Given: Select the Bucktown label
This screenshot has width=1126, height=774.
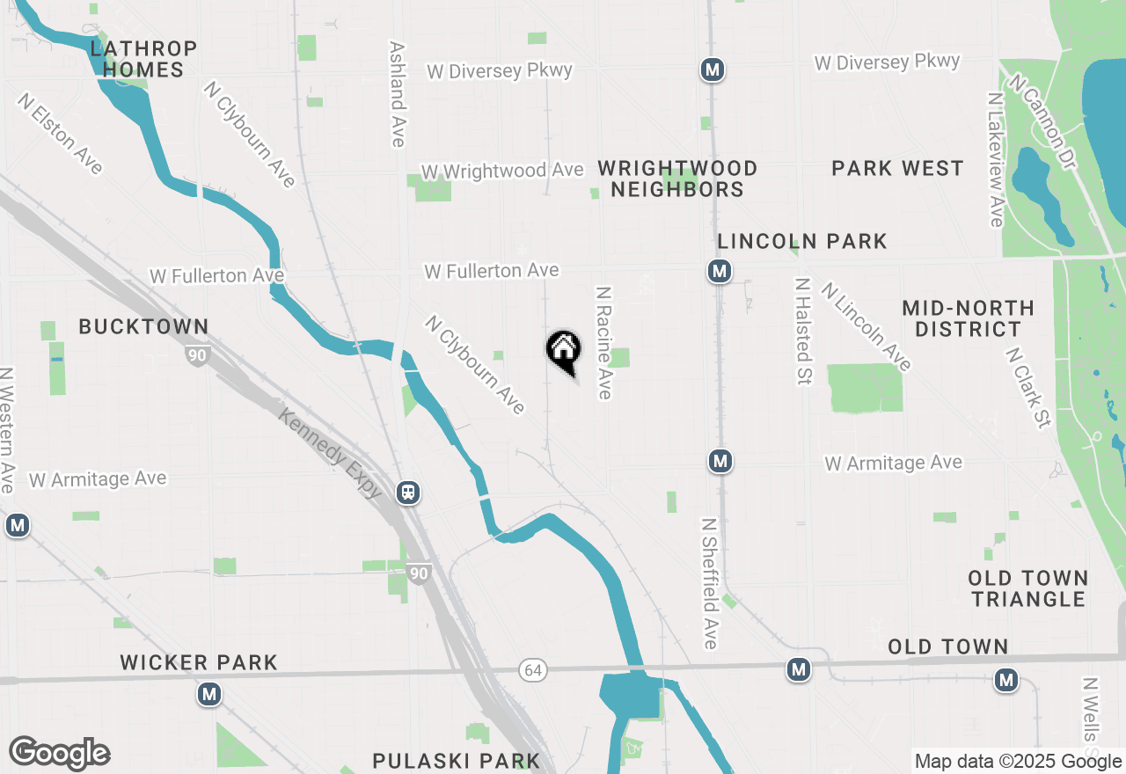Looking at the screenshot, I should point(143,327).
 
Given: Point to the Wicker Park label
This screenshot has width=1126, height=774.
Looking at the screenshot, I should point(199,662).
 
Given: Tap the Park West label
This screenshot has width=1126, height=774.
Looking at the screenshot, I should point(897,168).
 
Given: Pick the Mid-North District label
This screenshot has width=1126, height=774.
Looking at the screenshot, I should point(968,318).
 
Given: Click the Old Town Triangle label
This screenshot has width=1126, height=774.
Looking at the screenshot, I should point(1028,588).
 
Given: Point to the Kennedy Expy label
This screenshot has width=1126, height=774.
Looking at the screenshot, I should point(331,454).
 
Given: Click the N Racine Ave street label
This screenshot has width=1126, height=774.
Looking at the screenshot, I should point(603,342).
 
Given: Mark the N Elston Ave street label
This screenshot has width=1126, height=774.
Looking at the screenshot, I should point(59,134).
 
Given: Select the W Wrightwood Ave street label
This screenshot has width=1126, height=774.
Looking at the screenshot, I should point(502,171).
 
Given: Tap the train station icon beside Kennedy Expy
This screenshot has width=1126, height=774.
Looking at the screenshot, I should point(408,493).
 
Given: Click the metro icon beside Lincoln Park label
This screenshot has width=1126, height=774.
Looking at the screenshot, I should point(720,272).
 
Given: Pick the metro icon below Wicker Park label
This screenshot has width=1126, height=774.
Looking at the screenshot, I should point(208,695).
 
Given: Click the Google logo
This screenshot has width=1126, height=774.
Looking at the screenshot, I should point(60,754).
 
